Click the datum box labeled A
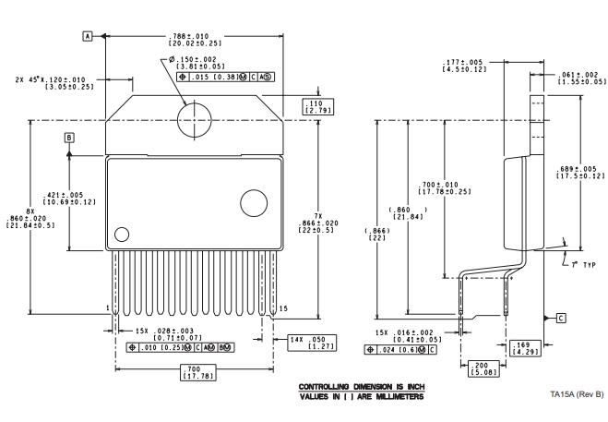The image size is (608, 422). click(x=89, y=35)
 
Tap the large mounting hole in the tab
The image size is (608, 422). click(x=197, y=119)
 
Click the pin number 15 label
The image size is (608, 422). click(x=283, y=307)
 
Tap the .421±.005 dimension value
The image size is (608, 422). click(x=90, y=199)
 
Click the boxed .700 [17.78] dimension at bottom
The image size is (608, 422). click(x=195, y=374)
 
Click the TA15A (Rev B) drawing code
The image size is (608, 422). click(x=576, y=394)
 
